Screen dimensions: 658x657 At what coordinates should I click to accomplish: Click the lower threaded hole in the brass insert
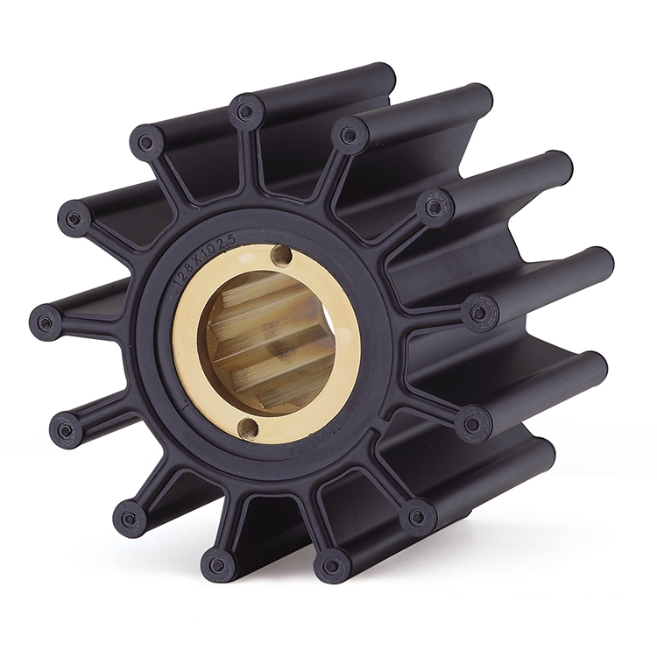[x=249, y=427]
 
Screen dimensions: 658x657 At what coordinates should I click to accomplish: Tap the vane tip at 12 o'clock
[x=245, y=111]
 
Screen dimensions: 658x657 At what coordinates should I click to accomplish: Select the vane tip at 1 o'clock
[x=349, y=134]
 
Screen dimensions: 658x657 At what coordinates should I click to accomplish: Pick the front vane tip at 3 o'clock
[x=478, y=313]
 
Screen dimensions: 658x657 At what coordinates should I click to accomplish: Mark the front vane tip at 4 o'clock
[x=472, y=423]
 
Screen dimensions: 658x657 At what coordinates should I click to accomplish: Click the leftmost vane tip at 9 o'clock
[x=45, y=322]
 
